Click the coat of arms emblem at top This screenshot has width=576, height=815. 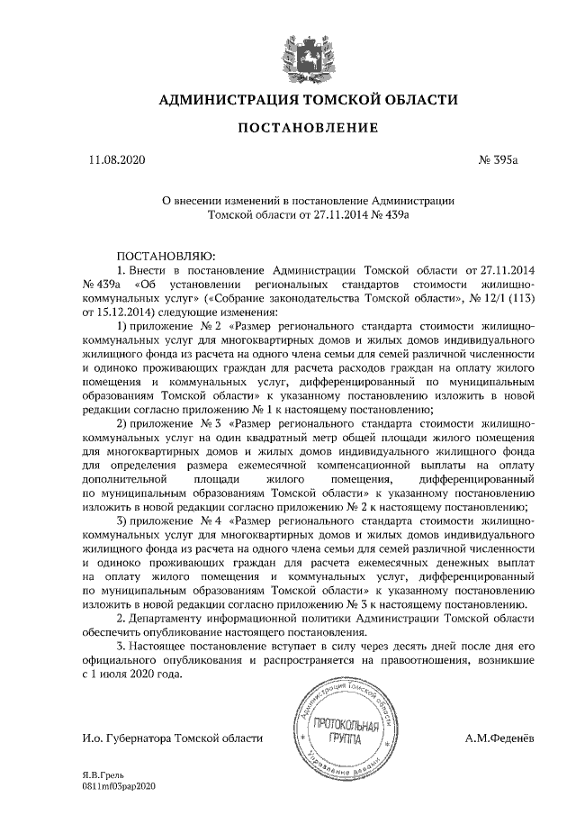298,53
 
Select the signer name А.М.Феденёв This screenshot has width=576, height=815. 499,738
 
